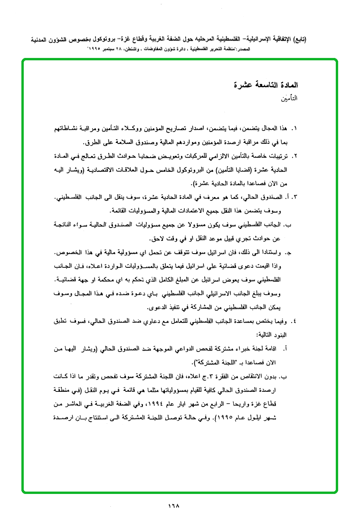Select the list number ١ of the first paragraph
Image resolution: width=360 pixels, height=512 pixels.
click(x=294, y=129)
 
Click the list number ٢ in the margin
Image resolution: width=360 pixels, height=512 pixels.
click(x=294, y=156)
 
